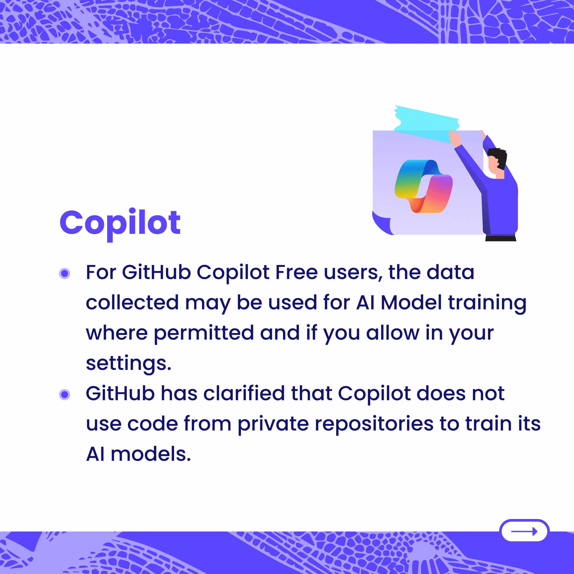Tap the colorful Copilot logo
pyautogui.click(x=424, y=186)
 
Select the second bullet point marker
pyautogui.click(x=65, y=395)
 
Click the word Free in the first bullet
pyautogui.click(x=297, y=272)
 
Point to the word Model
pyautogui.click(x=411, y=302)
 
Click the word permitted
pyautogui.click(x=204, y=333)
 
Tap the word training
pyautogui.click(x=487, y=303)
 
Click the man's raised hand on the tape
pyautogui.click(x=454, y=138)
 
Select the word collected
pyautogui.click(x=133, y=302)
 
